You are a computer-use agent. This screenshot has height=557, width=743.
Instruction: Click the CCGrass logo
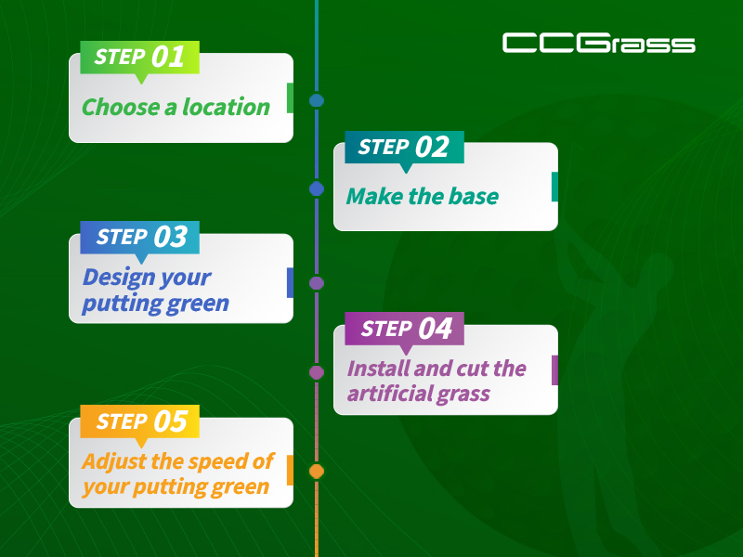(x=598, y=43)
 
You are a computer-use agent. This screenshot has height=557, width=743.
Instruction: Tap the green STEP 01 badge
(x=140, y=58)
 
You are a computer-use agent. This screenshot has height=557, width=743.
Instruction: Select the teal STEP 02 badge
(x=404, y=148)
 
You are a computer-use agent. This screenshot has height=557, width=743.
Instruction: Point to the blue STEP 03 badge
(x=140, y=238)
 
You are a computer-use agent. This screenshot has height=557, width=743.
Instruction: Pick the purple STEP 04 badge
(x=404, y=329)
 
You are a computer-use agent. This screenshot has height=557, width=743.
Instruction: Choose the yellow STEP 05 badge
(x=140, y=421)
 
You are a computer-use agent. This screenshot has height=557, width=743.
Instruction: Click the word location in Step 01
(x=226, y=107)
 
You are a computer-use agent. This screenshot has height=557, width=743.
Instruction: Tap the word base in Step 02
(x=474, y=196)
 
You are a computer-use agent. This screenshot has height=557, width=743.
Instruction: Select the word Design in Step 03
(x=119, y=278)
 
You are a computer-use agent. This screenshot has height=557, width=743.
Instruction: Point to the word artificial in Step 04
(x=388, y=393)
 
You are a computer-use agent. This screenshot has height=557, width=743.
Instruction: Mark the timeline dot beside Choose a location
(x=317, y=100)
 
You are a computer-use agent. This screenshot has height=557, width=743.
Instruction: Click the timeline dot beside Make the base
(x=317, y=189)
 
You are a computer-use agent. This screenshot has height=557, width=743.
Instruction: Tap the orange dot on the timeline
(x=317, y=472)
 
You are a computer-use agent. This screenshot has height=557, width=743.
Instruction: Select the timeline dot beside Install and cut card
(x=317, y=372)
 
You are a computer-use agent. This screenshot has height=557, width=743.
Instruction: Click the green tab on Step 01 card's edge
(x=290, y=98)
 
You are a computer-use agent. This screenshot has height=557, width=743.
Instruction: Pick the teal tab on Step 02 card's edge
(x=554, y=187)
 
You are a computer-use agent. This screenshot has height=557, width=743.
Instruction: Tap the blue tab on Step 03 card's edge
(x=290, y=283)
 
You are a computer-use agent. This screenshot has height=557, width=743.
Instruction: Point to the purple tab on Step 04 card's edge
(x=554, y=369)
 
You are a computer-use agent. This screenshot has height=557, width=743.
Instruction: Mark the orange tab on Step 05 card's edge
(x=290, y=471)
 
